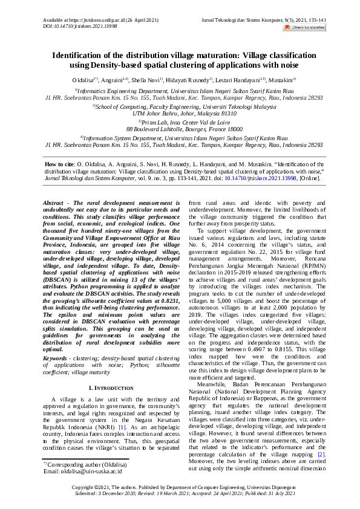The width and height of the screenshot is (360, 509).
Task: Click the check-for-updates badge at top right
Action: click(x=309, y=27)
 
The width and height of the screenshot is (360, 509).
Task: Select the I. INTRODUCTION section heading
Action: click(x=107, y=386)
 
